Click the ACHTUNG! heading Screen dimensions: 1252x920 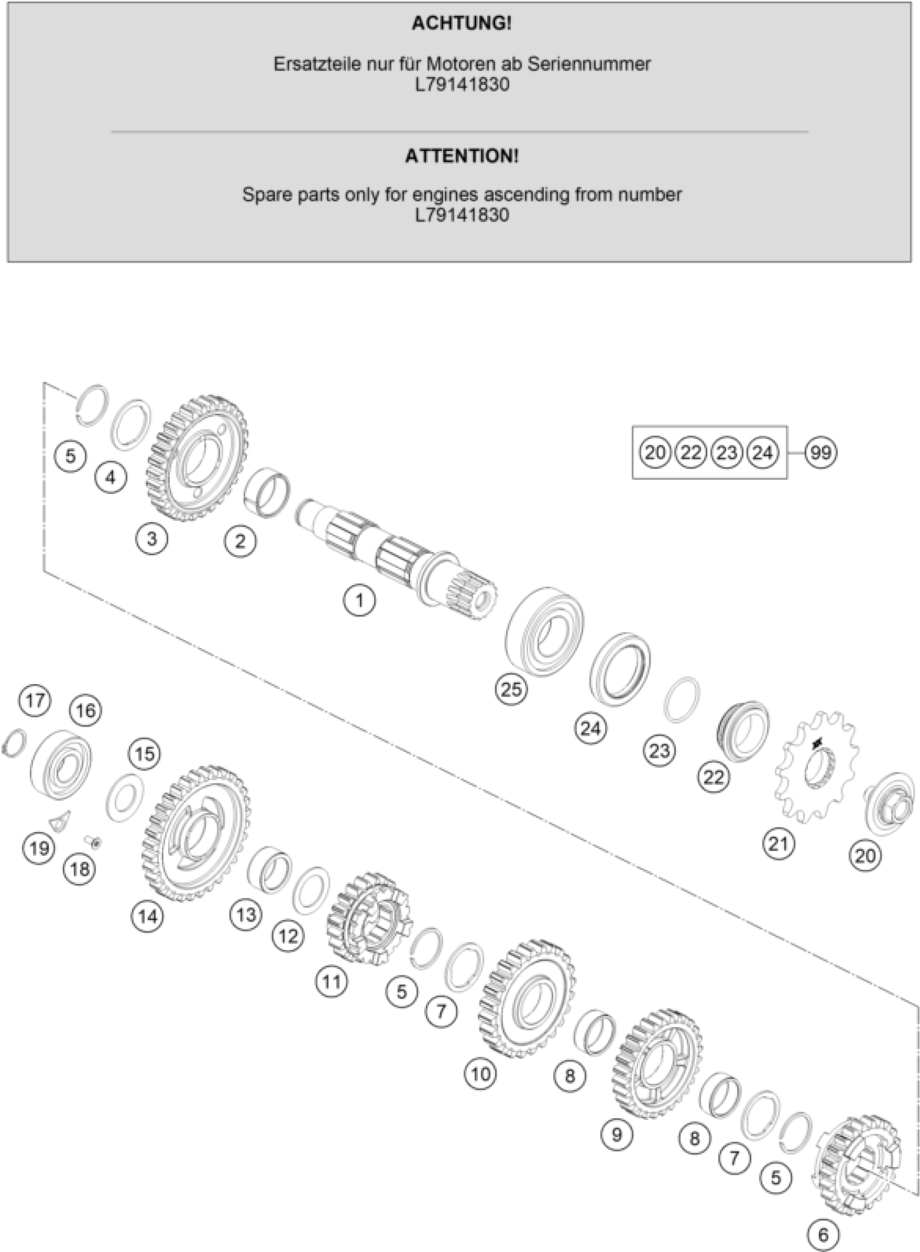tap(461, 23)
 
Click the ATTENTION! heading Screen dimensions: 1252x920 tap(461, 156)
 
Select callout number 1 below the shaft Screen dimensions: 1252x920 tap(359, 600)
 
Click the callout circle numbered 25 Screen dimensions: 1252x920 tap(511, 689)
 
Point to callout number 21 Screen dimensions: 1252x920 tap(778, 844)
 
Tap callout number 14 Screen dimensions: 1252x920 tap(148, 916)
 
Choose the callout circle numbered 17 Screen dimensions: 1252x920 tap(35, 700)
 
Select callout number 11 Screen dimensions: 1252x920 tap(331, 981)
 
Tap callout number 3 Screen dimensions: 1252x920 tap(152, 539)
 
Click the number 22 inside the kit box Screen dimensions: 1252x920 tap(691, 452)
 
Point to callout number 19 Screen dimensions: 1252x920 tap(39, 849)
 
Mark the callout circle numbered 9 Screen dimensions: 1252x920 tap(616, 1133)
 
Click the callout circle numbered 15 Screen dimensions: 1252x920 tap(144, 754)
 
